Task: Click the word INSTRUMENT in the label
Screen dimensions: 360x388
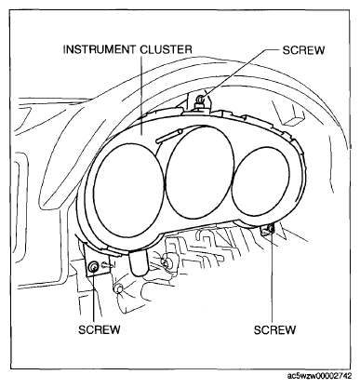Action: (x=100, y=49)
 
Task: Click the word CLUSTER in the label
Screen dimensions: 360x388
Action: (x=166, y=49)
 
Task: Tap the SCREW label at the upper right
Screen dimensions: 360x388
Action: (x=303, y=50)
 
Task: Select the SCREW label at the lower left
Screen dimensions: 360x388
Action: (x=99, y=329)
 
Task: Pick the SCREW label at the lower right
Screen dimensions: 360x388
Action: (x=274, y=329)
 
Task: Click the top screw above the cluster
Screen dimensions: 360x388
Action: (x=200, y=99)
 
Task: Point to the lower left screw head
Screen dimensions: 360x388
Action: (x=93, y=266)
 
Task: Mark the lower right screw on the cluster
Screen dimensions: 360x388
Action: (x=270, y=229)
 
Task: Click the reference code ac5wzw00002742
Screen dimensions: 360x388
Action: (x=320, y=376)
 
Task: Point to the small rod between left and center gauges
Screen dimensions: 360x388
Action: (x=168, y=136)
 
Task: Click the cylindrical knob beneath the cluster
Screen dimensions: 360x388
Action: (x=139, y=263)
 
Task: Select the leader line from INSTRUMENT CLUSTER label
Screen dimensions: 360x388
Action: (x=141, y=95)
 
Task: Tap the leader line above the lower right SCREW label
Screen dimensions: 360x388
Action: (x=273, y=277)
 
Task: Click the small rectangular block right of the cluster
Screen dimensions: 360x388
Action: (x=295, y=118)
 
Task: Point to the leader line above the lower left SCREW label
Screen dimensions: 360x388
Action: (x=94, y=297)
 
